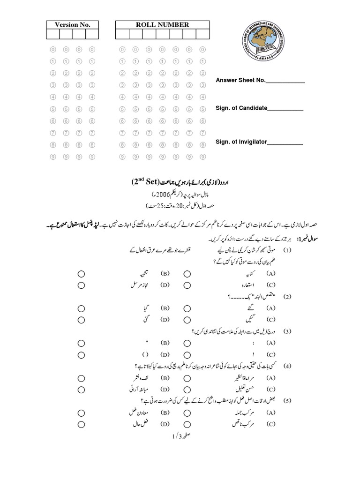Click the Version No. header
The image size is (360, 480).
pyautogui.click(x=72, y=25)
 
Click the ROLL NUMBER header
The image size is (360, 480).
pyautogui.click(x=162, y=25)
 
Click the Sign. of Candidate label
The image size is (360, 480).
pyautogui.click(x=241, y=108)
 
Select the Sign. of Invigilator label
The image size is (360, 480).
pyautogui.click(x=241, y=142)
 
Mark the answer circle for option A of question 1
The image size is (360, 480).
pyautogui.click(x=187, y=273)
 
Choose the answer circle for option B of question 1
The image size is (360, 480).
pyautogui.click(x=81, y=273)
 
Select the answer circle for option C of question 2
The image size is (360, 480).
pyautogui.click(x=187, y=320)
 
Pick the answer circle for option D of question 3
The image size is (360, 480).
pyautogui.click(x=81, y=355)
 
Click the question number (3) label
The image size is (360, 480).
pyautogui.click(x=287, y=332)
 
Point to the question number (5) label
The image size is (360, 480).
pyautogui.click(x=287, y=401)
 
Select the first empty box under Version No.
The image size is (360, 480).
pyautogui.click(x=52, y=34)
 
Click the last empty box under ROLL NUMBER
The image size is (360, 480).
pyautogui.click(x=202, y=34)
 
